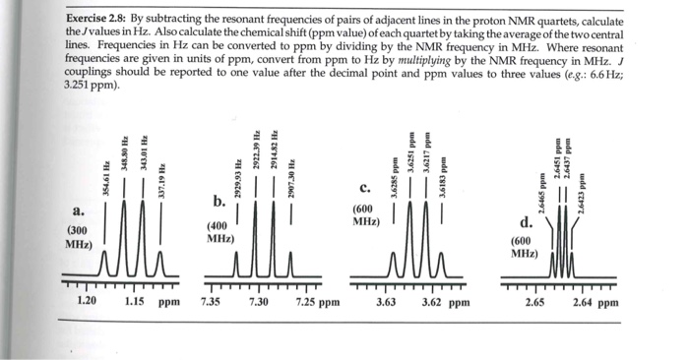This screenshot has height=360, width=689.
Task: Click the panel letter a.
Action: [x=78, y=211]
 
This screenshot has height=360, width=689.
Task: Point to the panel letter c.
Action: [x=364, y=188]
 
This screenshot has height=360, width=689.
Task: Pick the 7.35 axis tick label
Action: [x=211, y=303]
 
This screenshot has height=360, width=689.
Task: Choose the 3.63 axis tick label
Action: [x=387, y=303]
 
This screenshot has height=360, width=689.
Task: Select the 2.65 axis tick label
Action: [x=536, y=303]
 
